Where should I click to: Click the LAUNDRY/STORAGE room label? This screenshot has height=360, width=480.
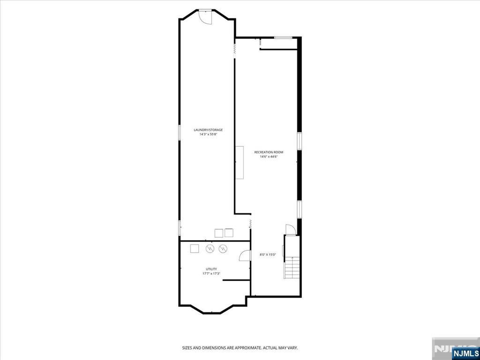coord(208,130)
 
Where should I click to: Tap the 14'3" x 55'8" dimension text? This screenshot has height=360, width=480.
coord(208,134)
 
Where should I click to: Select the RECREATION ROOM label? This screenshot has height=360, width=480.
coord(269,152)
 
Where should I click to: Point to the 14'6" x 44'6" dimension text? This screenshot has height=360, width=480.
coord(269,157)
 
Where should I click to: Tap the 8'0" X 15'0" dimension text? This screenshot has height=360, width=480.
coord(268,255)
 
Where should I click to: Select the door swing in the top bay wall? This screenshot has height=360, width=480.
coord(205,16)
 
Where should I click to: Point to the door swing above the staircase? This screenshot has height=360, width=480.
coord(290,229)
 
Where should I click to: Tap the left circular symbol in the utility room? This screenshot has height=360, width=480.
coord(210,248)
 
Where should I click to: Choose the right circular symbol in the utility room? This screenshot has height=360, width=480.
coord(223,248)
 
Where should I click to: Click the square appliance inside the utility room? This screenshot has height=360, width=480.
coord(195,248)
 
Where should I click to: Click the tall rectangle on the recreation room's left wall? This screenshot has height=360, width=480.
coord(240,163)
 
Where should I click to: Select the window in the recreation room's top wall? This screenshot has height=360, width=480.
coord(283,37)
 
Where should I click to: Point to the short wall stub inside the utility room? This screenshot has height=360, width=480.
coord(237,280)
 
